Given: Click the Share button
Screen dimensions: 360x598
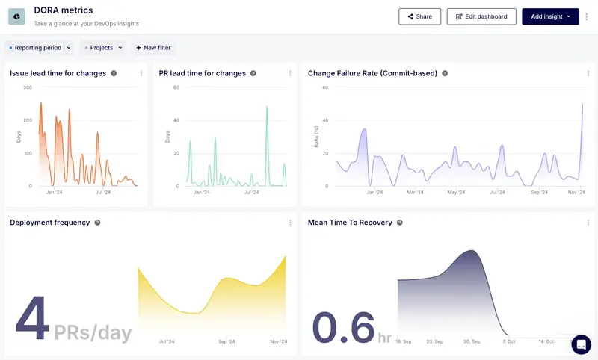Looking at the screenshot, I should (419, 16).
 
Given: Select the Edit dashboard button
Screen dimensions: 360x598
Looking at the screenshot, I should (481, 16).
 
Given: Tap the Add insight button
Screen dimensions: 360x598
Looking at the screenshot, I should (550, 16).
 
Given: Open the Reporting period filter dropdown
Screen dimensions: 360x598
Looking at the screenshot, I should (40, 48).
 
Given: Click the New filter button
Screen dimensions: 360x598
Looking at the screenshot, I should (153, 48).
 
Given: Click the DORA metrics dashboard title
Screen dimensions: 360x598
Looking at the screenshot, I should (64, 10).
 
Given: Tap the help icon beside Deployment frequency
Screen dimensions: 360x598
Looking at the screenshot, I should (97, 223).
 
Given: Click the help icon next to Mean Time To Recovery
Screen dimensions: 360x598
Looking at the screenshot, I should (399, 223).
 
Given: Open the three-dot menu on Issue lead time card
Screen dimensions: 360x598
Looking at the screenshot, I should (141, 73).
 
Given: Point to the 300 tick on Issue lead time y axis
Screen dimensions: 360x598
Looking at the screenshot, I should (27, 87).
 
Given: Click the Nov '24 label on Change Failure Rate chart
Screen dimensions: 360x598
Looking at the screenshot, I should (576, 192).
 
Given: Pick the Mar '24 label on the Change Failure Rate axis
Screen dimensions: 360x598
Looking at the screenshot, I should (415, 192).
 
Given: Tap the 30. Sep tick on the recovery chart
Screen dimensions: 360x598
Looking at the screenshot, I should (471, 341).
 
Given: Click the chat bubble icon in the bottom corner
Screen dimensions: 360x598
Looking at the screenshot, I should (581, 344).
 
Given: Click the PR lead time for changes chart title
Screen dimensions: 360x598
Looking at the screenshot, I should (202, 73).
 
